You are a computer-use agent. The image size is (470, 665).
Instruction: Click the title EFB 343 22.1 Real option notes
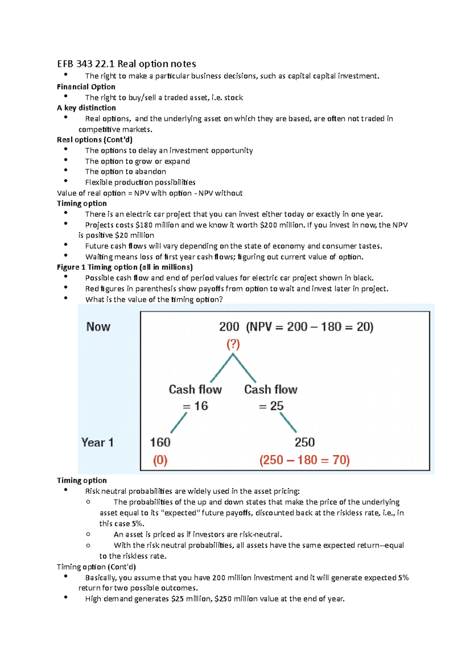126,64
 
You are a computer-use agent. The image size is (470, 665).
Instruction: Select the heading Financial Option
86,87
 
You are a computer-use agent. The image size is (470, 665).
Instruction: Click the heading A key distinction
86,108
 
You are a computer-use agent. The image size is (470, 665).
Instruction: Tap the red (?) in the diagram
233,344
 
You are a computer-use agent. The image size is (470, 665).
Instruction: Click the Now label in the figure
98,327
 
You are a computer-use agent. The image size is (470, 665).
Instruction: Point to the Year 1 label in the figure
97,443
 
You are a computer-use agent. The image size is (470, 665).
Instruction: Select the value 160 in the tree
160,442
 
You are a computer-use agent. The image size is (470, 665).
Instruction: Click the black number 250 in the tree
304,442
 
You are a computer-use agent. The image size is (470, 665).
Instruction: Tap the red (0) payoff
160,460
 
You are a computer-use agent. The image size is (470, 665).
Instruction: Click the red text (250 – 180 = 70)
304,460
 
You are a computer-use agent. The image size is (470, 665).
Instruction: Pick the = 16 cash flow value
195,406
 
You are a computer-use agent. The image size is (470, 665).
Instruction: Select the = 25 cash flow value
271,406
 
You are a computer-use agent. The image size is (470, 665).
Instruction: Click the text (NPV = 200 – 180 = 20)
309,327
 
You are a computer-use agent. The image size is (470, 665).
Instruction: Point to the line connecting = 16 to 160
179,423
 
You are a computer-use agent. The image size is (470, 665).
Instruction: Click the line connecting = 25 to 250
288,423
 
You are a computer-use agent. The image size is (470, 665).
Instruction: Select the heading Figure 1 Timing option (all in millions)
125,267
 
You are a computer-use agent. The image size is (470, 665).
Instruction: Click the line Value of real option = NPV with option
150,193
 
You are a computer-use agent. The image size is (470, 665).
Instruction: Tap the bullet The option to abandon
125,172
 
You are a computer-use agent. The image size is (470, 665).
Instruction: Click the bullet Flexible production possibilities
140,182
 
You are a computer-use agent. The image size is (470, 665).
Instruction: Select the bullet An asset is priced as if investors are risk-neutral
198,535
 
